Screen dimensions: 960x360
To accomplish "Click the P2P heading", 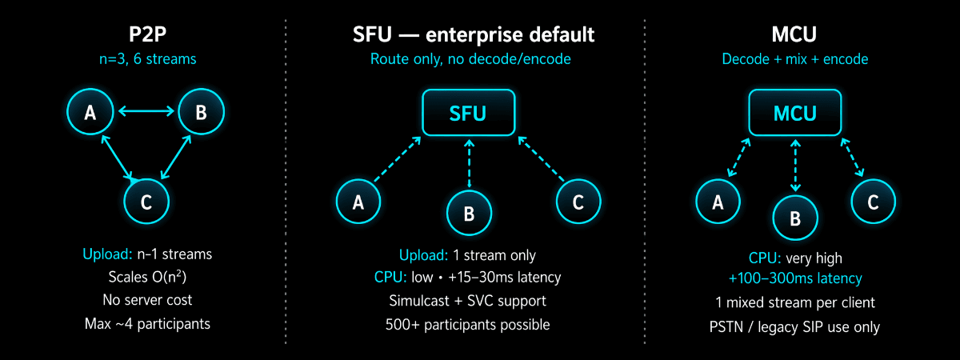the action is (x=147, y=34).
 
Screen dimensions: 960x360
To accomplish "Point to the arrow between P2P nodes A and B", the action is (x=146, y=111).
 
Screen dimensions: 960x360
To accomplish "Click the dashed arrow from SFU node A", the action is (x=398, y=158).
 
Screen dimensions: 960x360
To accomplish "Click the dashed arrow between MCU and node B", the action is (x=795, y=166).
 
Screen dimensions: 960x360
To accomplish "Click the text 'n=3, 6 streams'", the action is (x=148, y=59).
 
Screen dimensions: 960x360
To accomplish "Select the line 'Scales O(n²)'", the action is (x=147, y=277).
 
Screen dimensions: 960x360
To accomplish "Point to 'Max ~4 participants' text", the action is (x=147, y=323).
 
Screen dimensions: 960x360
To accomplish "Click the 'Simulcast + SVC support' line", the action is (x=467, y=301).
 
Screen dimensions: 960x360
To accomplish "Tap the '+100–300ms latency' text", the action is (x=795, y=278).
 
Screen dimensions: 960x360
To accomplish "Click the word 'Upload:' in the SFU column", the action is (x=423, y=255).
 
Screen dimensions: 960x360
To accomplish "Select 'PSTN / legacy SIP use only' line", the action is (x=794, y=327).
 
